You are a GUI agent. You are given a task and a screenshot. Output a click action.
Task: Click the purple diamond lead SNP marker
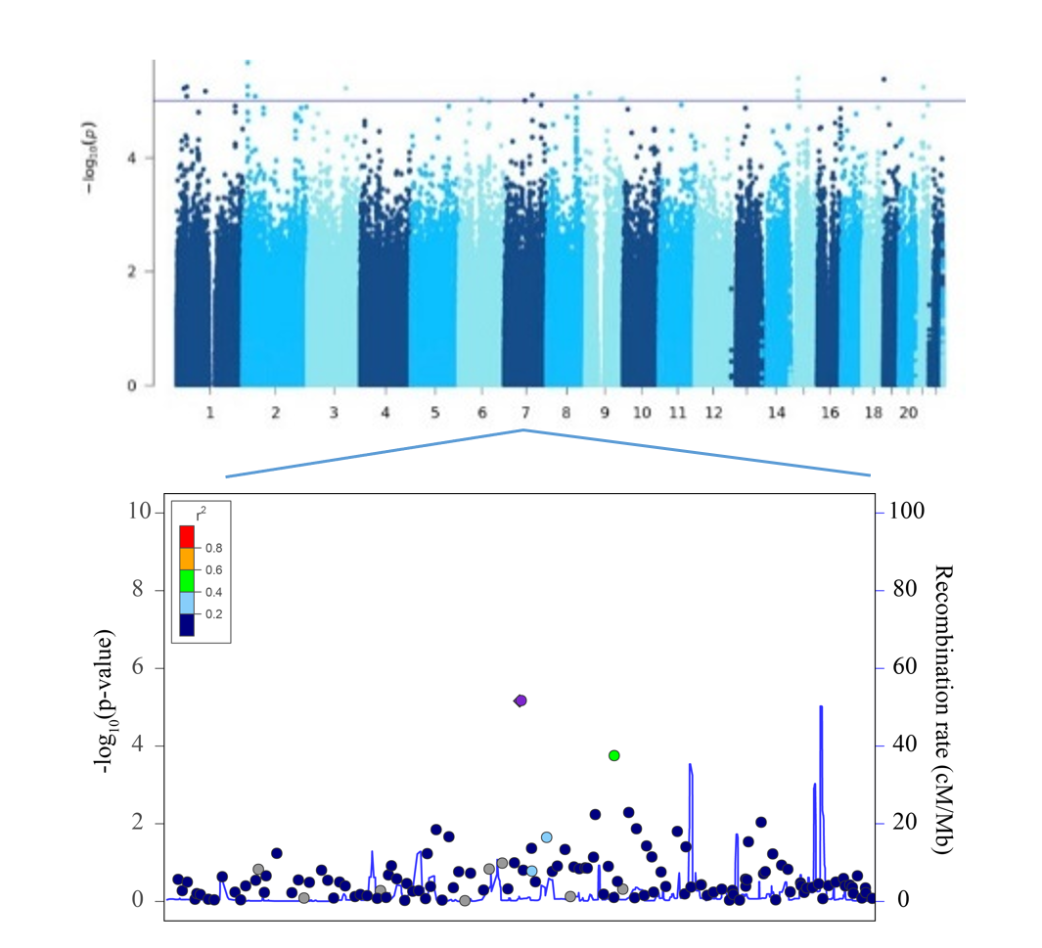click(521, 700)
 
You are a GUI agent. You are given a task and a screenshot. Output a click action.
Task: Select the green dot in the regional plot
click(614, 755)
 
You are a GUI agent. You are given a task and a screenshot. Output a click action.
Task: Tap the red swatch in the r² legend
click(187, 536)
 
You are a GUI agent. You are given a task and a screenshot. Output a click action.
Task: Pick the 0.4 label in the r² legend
click(213, 593)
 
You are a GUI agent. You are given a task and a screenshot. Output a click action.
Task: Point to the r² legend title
click(201, 512)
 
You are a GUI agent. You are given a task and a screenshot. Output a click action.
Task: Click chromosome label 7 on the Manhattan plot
click(525, 414)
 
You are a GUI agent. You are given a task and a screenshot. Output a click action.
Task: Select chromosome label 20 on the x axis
click(908, 414)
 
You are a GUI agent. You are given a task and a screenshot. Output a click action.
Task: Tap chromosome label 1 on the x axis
click(210, 414)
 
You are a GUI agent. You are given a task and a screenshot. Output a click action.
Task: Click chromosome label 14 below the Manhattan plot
click(777, 414)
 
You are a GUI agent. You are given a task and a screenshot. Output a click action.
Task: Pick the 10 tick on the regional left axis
click(137, 512)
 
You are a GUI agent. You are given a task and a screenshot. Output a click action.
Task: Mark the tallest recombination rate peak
click(821, 707)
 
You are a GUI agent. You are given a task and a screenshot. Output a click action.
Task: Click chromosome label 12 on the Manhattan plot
click(713, 414)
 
